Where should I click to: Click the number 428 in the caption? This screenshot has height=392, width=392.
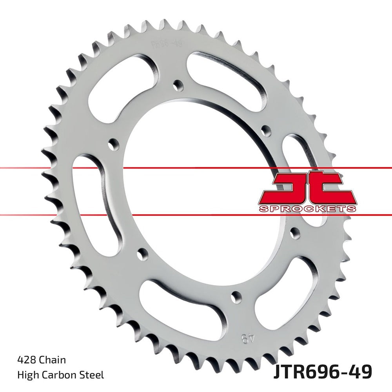[x=25, y=359]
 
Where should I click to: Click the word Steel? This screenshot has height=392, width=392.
[x=93, y=375]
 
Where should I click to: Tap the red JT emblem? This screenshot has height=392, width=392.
[x=307, y=187]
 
